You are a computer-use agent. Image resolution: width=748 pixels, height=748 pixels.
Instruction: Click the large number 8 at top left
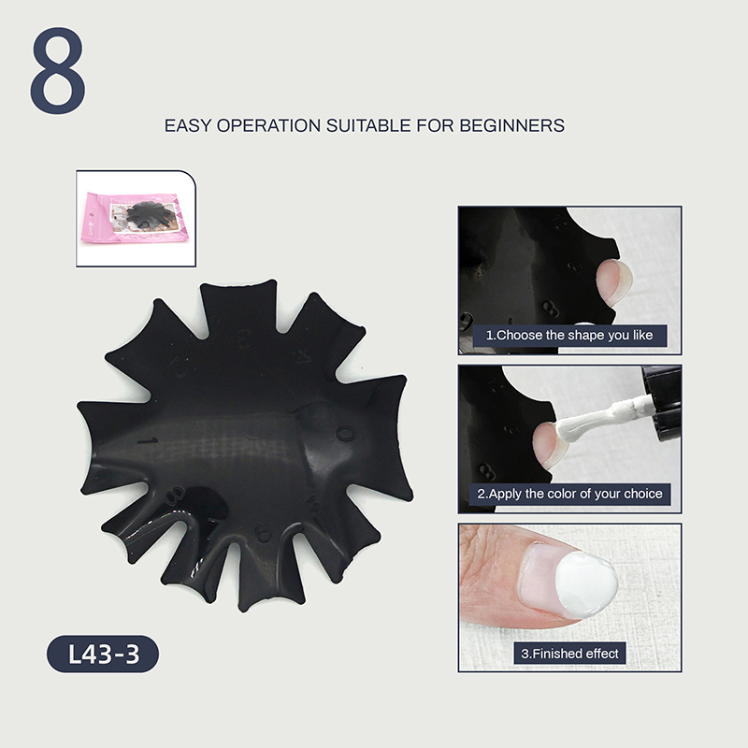point(58,71)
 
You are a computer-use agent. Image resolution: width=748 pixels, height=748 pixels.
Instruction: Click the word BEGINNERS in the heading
point(511,125)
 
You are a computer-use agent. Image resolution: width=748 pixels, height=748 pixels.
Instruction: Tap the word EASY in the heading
point(188,125)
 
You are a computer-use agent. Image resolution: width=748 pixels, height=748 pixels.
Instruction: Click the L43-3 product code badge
point(103,654)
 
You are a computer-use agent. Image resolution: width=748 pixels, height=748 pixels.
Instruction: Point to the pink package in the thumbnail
point(135,218)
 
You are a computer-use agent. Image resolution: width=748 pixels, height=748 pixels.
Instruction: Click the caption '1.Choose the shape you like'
point(569,336)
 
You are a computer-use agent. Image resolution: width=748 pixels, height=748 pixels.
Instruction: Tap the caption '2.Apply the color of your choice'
point(569,494)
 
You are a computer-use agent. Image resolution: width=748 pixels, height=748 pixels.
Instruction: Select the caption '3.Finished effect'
point(569,653)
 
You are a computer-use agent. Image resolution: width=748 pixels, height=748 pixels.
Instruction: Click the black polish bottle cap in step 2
point(663,403)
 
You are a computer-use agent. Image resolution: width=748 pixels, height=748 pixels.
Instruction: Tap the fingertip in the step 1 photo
point(614,281)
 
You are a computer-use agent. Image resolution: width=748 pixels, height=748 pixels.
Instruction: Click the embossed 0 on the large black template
point(345,434)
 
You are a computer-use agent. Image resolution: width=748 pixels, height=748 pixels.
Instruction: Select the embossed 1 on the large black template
point(149,440)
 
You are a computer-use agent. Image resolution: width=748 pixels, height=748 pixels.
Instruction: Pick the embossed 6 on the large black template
point(263,533)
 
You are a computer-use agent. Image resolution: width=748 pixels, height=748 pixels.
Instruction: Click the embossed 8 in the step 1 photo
point(551,309)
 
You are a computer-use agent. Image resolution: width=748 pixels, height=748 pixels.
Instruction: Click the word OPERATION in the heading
point(268,125)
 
